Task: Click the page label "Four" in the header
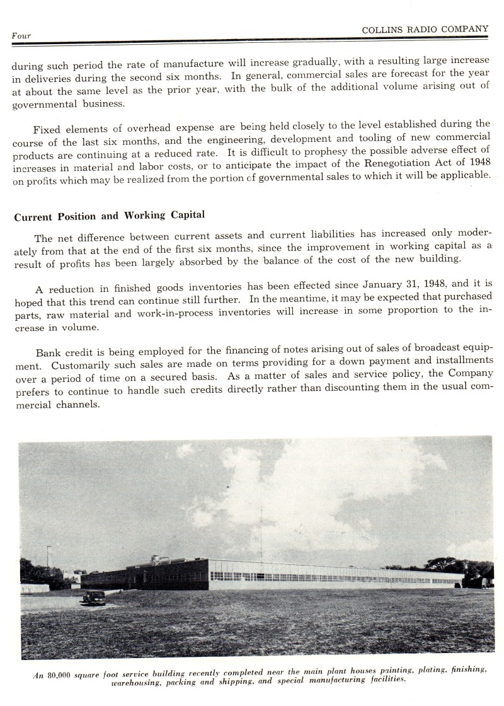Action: coord(21,36)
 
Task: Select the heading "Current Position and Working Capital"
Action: coord(109,216)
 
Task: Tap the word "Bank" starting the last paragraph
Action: coord(49,353)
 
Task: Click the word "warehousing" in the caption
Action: coord(137,682)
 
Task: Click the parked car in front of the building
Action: coord(94,597)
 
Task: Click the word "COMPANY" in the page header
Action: coord(466,28)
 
